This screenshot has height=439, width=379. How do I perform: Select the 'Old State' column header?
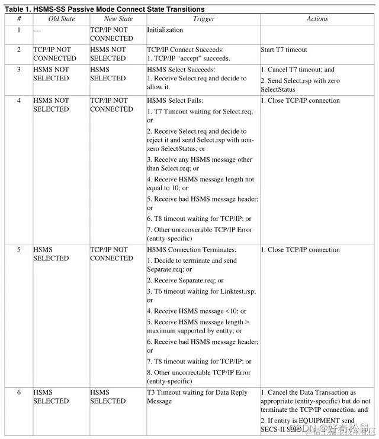point(62,19)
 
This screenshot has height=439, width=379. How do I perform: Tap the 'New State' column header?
point(118,19)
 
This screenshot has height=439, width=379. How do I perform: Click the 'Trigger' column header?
point(204,19)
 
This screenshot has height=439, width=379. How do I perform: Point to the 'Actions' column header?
point(317,19)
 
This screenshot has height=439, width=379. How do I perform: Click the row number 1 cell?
point(18,30)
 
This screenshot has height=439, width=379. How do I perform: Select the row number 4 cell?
point(18,100)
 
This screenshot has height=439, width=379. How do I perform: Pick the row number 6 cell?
point(18,392)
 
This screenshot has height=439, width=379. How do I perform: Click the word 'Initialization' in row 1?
point(165,30)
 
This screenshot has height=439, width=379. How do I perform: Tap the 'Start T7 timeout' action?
point(284,50)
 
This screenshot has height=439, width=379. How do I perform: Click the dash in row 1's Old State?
point(37,30)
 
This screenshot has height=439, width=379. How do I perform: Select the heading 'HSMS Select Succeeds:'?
point(181,70)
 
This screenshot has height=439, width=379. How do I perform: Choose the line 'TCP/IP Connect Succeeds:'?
point(185,50)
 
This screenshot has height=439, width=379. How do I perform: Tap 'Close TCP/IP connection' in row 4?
point(300,100)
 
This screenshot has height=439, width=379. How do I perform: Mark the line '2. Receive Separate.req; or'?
point(185,281)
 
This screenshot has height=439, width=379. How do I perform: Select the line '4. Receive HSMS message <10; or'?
point(197,311)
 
